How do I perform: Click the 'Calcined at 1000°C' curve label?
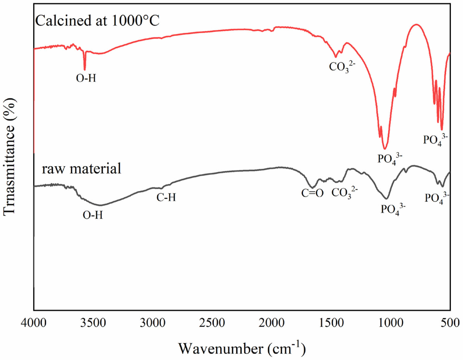pos(97,21)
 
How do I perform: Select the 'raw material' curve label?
pos(81,169)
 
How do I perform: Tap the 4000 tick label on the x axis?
pos(34,323)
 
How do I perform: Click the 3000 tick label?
pos(153,323)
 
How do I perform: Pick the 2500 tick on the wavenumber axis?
pos(212,323)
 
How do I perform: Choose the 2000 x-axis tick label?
pos(272,323)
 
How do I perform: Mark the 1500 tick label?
pos(331,323)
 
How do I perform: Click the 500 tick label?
pos(451,323)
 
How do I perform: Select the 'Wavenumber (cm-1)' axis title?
pos(242,348)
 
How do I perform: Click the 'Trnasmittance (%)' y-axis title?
pos(9,157)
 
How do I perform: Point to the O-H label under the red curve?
pos(86,78)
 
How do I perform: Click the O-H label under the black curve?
pos(93,215)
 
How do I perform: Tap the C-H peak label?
pos(166,198)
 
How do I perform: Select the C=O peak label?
pos(312,193)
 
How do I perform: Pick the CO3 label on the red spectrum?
pos(342,67)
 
